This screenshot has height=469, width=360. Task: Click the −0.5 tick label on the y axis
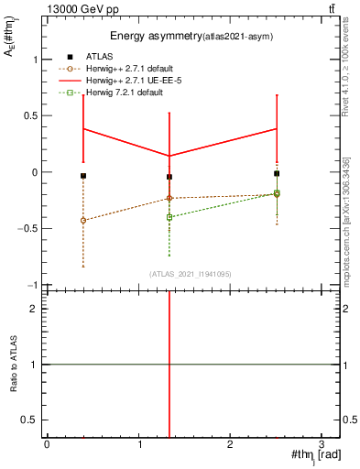click(27, 229)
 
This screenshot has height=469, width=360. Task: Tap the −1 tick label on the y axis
click(32, 285)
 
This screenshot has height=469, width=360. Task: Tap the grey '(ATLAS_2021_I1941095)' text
click(191, 274)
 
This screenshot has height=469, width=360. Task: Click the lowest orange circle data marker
click(83, 221)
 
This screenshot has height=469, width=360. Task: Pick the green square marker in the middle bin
click(169, 217)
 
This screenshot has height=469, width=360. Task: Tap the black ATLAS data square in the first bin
click(83, 176)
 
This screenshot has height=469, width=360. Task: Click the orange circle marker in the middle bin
click(169, 199)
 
